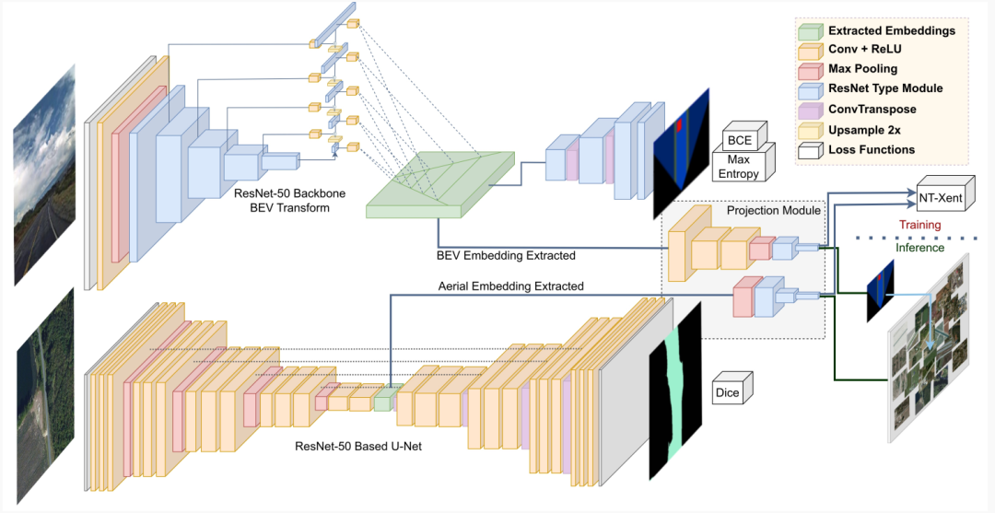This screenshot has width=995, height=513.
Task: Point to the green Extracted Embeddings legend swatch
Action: click(810, 31)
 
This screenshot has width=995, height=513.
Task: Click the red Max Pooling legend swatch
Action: click(810, 70)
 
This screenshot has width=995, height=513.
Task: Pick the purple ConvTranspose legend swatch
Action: click(810, 111)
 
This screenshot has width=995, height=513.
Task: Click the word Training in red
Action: click(920, 225)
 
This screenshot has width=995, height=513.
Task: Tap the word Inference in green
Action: click(920, 248)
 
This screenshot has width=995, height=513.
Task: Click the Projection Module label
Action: click(774, 211)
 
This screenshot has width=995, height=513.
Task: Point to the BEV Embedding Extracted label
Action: click(506, 255)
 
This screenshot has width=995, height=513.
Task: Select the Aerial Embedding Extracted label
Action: click(510, 286)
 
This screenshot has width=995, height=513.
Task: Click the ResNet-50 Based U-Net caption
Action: click(358, 446)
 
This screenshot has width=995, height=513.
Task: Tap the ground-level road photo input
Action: click(44, 174)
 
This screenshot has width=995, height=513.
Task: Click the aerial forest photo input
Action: click(45, 395)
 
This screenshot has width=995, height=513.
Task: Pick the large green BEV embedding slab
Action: click(440, 185)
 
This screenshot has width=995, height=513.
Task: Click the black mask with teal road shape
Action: click(675, 391)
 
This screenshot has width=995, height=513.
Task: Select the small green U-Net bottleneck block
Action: click(383, 399)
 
